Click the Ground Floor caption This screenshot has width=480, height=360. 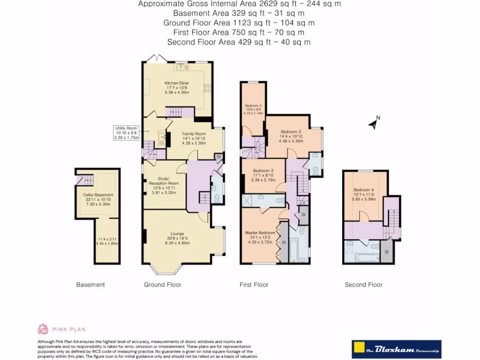click(162, 285)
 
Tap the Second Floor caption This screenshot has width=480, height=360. click(363, 285)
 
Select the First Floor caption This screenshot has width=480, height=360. click(254, 285)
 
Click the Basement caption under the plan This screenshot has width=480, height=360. click(90, 285)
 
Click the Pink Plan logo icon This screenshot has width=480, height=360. click(43, 329)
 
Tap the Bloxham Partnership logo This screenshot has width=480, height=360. click(397, 349)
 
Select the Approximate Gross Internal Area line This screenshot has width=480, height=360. click(239, 4)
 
